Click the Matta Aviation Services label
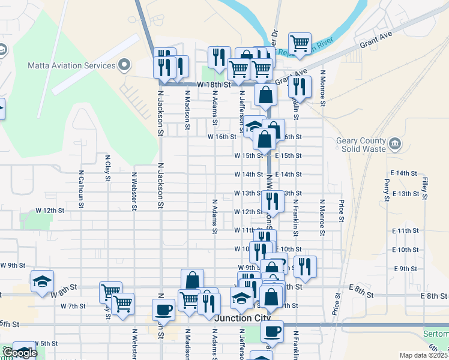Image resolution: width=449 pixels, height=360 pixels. pos(71,65)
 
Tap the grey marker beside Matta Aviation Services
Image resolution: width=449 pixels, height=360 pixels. pos(125,65)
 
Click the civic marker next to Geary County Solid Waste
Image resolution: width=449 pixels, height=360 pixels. pos(395,143)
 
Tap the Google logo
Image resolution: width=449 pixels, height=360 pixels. pos(19,353)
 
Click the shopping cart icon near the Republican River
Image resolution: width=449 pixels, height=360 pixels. pos(300,43)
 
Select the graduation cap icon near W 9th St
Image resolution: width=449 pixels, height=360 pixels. pos(43,281)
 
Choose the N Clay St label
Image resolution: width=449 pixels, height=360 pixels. pos(107,171)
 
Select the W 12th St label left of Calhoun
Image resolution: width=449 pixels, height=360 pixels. pos(49,211)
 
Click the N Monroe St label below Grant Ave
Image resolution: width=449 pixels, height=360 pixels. pos(322,87)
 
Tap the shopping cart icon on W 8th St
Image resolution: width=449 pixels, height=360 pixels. pos(111,292)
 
